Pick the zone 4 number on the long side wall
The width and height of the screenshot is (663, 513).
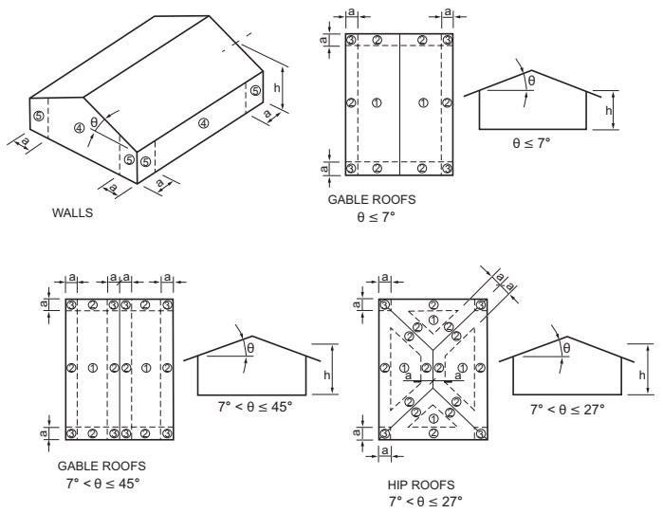click(202, 122)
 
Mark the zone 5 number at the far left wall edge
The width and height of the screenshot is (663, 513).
click(37, 116)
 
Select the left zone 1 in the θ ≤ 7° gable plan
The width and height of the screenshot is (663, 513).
click(377, 102)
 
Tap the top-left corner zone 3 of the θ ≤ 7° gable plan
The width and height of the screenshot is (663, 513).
click(351, 40)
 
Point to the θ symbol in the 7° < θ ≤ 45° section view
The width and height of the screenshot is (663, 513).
click(250, 348)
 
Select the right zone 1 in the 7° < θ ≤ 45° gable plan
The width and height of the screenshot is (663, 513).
click(145, 368)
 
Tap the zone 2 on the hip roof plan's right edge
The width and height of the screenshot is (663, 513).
click(481, 368)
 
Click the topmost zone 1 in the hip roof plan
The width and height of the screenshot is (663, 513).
click(433, 320)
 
